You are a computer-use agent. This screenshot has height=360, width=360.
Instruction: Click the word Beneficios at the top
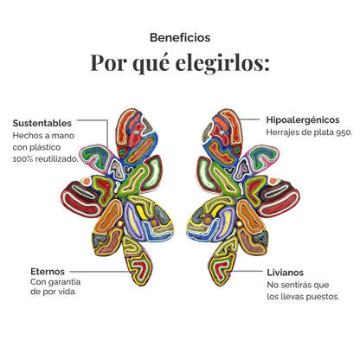coord(180,37)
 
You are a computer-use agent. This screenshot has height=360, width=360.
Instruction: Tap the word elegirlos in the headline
coord(222,63)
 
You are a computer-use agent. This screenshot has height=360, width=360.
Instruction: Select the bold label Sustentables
coord(42,123)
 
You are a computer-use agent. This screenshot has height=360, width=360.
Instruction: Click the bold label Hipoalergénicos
coord(303,120)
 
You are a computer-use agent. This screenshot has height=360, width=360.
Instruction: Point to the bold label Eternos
coord(48,272)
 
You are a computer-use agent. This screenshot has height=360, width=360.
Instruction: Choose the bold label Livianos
coord(285,273)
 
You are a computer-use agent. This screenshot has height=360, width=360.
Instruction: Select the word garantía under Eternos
coord(64,282)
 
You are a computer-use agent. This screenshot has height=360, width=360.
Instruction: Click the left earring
coord(117,196)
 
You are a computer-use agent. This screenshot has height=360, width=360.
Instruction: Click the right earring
coord(243,196)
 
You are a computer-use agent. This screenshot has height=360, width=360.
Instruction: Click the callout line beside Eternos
coord(99,272)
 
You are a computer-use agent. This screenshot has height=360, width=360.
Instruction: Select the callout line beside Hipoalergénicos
coord(250,119)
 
